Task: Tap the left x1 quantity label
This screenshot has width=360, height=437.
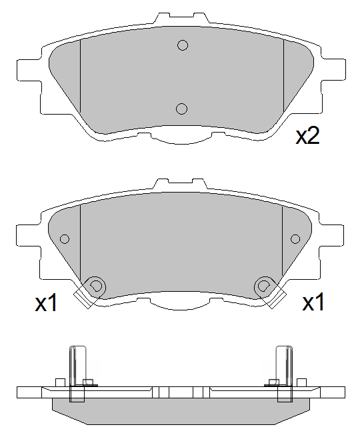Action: [47, 304]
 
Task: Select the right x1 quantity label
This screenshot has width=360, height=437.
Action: [313, 303]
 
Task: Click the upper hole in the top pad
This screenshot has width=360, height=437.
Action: [182, 45]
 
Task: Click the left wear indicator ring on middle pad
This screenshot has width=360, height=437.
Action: [96, 286]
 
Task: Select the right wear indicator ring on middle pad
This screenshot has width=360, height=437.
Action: [264, 286]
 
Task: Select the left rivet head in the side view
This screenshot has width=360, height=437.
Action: [89, 382]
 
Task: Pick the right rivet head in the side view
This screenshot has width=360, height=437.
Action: [273, 382]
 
